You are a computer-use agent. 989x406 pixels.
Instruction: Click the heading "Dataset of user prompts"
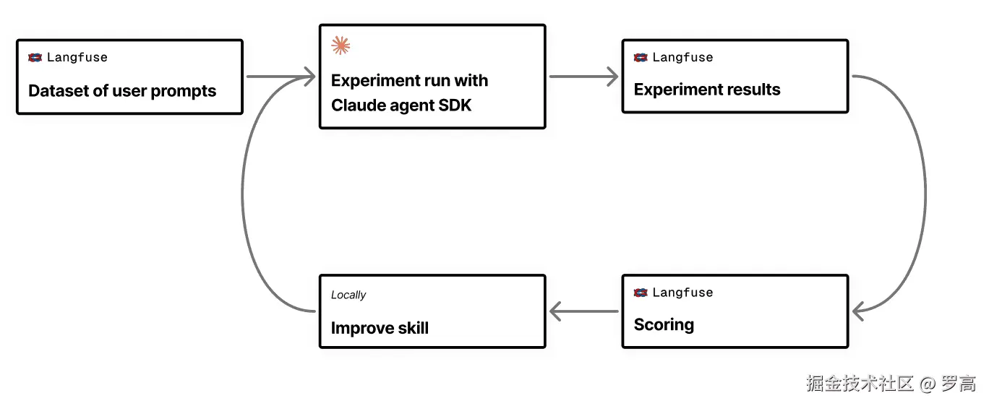point(122,91)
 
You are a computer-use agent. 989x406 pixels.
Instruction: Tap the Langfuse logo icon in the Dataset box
point(35,57)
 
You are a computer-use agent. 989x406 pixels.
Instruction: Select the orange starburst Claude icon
point(341,46)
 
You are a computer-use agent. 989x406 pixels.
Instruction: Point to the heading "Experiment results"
point(707,90)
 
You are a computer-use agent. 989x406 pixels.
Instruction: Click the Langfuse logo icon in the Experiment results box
point(641,57)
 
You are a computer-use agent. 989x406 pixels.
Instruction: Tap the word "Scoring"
point(664,325)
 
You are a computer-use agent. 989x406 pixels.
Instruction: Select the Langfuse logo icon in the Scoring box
point(641,293)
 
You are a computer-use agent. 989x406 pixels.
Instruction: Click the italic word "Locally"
point(348,295)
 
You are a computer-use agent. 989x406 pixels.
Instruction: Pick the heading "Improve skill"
point(380,328)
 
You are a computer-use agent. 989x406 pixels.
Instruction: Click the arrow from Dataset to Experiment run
point(281,77)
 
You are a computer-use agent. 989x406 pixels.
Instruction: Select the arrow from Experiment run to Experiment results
point(583,77)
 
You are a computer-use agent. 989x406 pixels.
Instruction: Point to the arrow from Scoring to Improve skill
point(583,311)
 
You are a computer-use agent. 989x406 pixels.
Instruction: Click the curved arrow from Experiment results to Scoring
point(925,194)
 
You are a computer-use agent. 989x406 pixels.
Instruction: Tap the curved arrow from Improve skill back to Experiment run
point(242,194)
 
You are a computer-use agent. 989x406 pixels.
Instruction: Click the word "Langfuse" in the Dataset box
point(77,57)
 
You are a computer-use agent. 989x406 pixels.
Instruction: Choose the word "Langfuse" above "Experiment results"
point(683,57)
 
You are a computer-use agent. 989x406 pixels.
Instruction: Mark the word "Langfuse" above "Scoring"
point(683,293)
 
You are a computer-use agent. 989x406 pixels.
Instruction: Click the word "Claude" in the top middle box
point(356,105)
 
